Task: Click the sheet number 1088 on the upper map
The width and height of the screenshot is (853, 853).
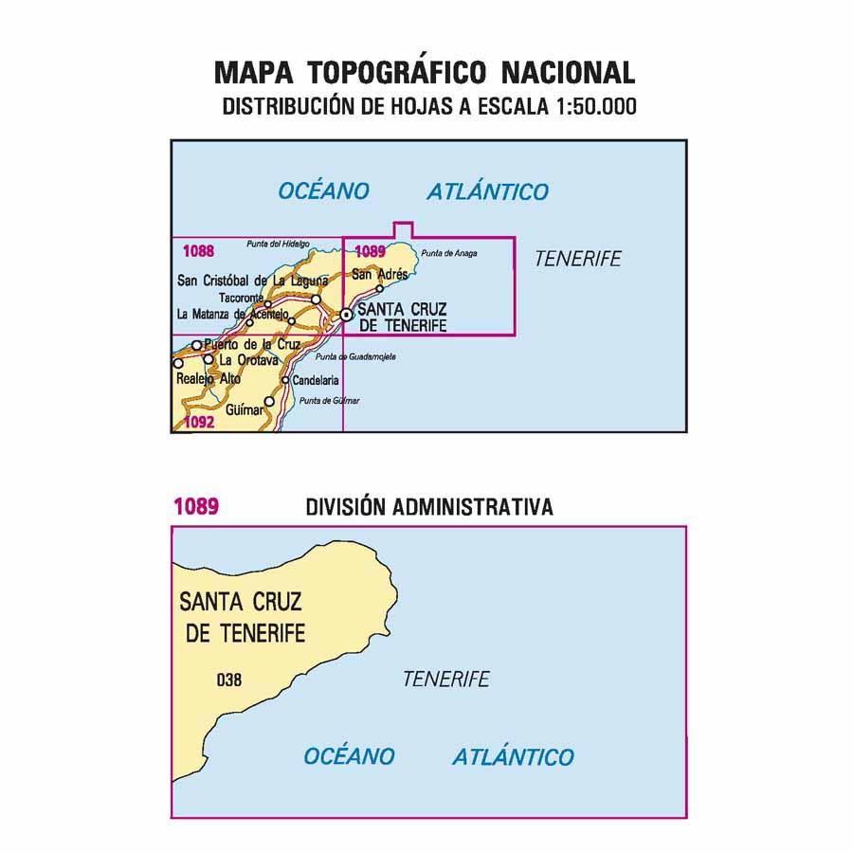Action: (197, 251)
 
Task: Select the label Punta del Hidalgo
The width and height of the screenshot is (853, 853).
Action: (278, 245)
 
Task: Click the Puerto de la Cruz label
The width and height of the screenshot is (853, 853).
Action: (251, 344)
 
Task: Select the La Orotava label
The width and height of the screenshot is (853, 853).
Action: (248, 360)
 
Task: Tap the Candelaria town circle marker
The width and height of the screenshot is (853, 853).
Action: (284, 380)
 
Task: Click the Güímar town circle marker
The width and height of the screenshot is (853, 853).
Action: (269, 402)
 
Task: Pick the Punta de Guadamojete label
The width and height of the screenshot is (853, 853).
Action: (355, 356)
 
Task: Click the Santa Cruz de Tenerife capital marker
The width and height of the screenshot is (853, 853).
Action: (347, 315)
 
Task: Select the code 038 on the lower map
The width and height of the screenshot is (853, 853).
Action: (228, 679)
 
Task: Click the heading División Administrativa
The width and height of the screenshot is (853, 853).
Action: (429, 507)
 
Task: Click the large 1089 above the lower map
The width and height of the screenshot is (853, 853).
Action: (196, 507)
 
